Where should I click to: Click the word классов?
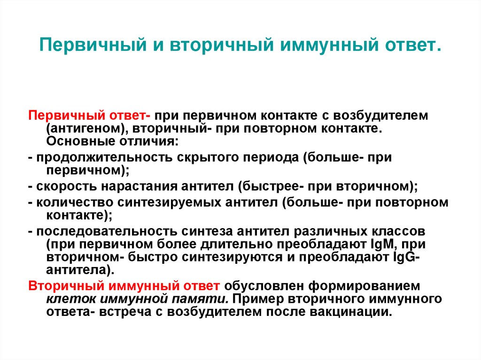coord(403,232)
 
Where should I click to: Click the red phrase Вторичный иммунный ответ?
coord(124,286)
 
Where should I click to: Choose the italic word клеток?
coord(67,299)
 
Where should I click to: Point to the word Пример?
coord(256,299)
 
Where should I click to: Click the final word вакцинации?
coord(350,312)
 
